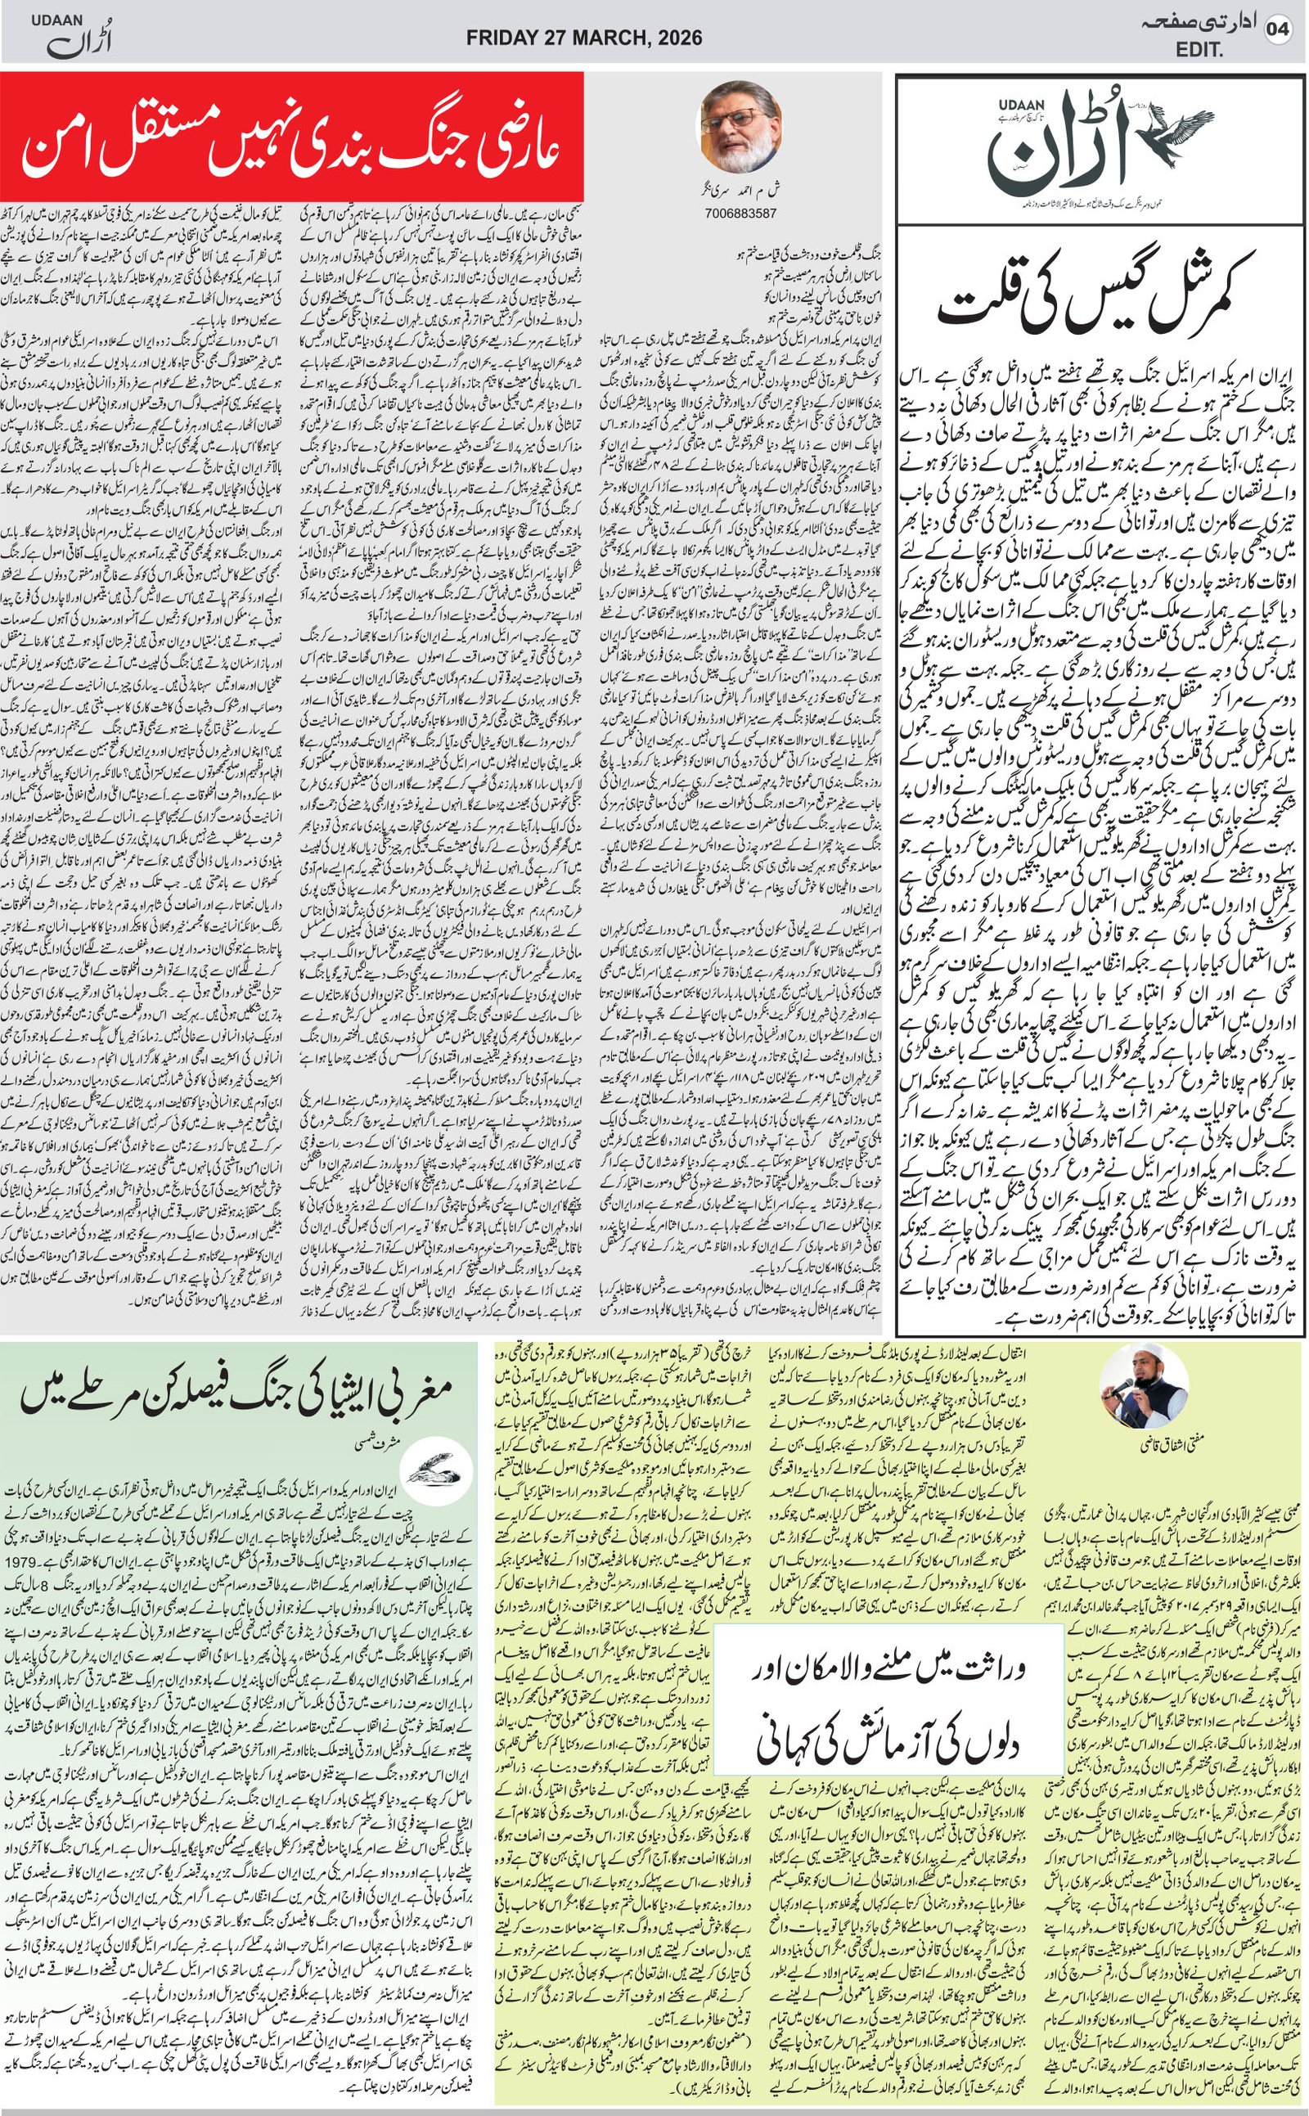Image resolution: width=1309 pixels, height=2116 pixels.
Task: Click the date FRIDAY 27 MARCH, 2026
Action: point(583,37)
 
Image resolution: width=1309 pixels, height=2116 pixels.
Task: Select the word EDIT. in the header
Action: point(1199,51)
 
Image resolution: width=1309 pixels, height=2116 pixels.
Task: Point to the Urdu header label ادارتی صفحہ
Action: point(1199,26)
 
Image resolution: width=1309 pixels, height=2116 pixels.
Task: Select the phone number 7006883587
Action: point(740,213)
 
